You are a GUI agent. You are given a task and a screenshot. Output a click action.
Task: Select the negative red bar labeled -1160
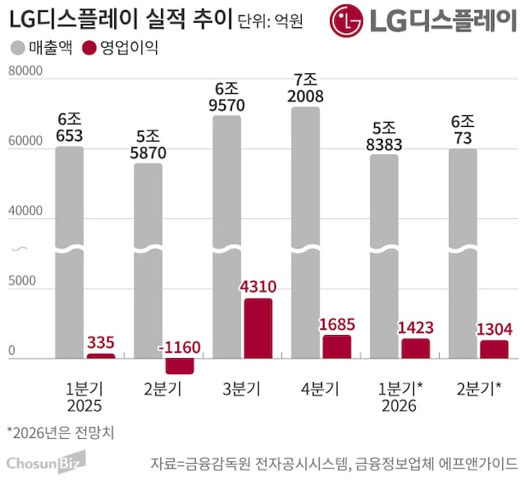[x=180, y=366]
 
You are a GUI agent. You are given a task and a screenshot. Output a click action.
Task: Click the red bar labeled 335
[x=101, y=355]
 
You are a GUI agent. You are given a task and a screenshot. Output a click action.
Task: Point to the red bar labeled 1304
[x=493, y=349]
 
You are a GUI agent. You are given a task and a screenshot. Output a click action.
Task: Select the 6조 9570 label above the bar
[x=227, y=99]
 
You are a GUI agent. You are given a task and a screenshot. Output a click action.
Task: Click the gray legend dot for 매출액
[x=19, y=49]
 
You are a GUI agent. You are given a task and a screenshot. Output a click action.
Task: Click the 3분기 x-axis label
[x=241, y=389]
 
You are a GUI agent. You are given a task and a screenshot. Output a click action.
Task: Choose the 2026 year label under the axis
[x=399, y=407]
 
